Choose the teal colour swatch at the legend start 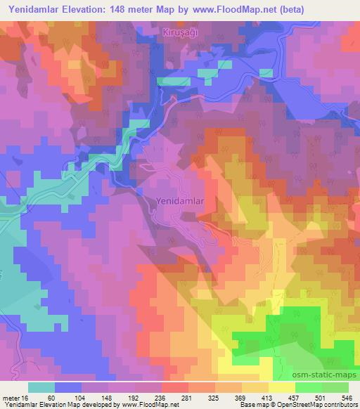click(x=41, y=387)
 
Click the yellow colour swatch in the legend click(x=282, y=387)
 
